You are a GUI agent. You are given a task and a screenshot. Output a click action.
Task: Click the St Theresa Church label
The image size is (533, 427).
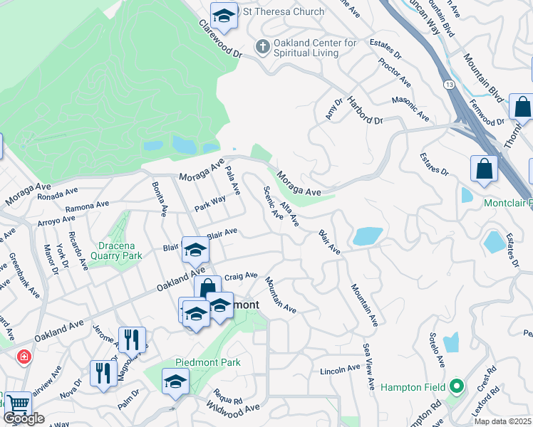(x=284, y=11)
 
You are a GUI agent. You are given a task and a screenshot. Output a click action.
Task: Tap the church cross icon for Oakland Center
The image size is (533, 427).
(x=262, y=47)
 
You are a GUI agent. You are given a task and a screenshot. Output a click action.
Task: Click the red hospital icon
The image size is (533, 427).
(x=24, y=356)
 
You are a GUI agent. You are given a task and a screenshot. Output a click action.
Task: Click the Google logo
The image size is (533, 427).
(x=24, y=418)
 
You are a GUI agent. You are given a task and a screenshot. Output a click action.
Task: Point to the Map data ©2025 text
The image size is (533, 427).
(x=502, y=421)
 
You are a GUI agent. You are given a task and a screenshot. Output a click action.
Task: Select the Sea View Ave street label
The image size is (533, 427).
(x=368, y=367)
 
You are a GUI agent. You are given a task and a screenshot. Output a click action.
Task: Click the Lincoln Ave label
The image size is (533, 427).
(x=340, y=369)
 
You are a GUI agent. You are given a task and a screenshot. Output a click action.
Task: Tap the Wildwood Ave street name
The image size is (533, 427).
(x=232, y=408)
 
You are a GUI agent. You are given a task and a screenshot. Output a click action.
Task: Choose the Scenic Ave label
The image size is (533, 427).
(x=273, y=204)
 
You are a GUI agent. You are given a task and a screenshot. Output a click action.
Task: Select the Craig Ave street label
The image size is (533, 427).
(x=241, y=275)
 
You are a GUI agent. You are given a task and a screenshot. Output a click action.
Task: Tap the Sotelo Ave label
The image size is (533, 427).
(x=437, y=351)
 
